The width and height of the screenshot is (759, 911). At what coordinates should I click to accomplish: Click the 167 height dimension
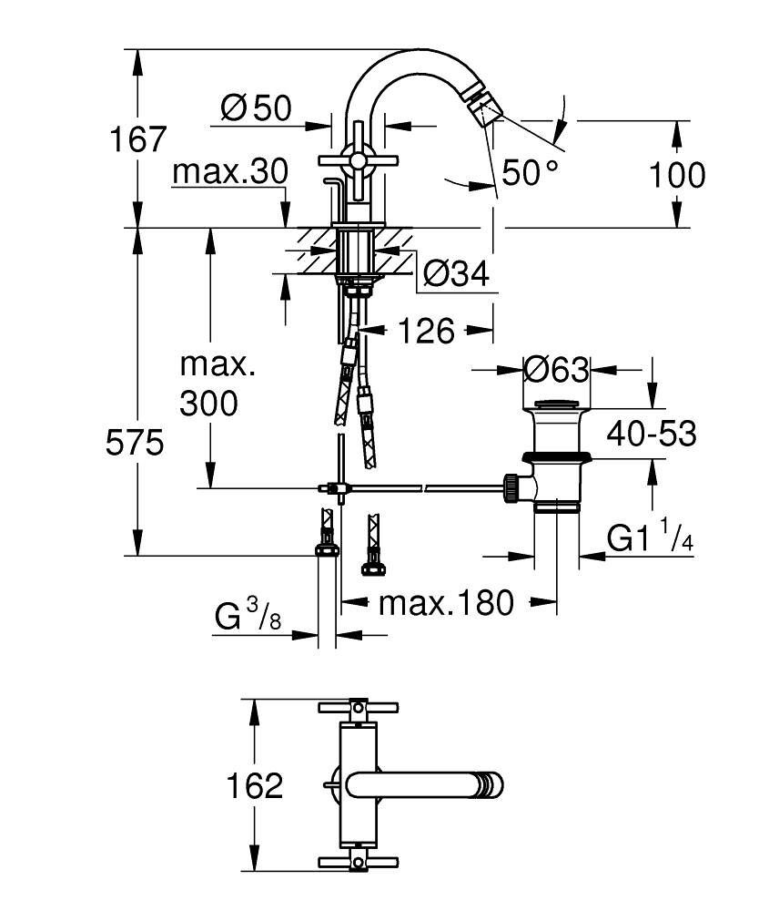(x=138, y=139)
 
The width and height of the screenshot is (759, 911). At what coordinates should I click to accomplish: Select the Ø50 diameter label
(x=256, y=109)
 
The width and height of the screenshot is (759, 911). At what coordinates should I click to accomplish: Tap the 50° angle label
(x=529, y=172)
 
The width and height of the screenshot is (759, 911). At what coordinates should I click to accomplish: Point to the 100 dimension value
(x=676, y=174)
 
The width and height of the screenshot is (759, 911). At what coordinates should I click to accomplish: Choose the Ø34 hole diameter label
(x=456, y=272)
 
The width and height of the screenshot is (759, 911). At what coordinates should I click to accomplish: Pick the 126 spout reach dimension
(x=425, y=331)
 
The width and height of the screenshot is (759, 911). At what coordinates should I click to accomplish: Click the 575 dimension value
(x=135, y=444)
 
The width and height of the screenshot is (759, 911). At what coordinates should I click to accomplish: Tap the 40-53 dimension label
(x=651, y=434)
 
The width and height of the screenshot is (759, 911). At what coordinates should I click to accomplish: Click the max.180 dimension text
(x=446, y=602)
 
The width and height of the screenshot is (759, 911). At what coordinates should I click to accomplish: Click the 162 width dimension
(x=256, y=785)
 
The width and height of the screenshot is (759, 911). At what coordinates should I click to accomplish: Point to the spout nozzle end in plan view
(x=492, y=784)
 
